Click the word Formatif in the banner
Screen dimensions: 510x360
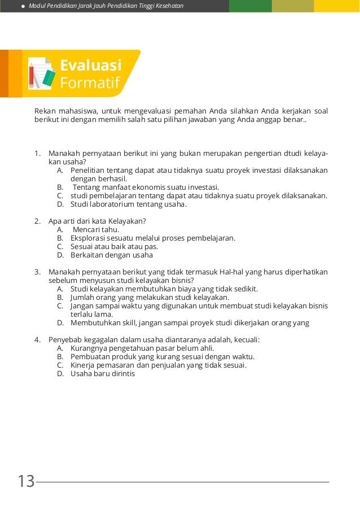click(90, 84)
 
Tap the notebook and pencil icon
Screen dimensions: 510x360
click(41, 73)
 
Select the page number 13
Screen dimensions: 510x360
click(26, 482)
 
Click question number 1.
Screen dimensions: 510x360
click(37, 153)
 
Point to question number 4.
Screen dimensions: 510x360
click(37, 339)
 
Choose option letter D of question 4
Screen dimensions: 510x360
click(60, 373)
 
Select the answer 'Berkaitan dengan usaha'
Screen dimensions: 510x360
click(112, 255)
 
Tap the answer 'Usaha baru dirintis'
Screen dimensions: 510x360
click(103, 373)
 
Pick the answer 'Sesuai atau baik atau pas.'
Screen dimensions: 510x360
click(114, 246)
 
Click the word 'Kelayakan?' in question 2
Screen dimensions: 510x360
click(128, 221)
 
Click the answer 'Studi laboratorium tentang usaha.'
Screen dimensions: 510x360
click(128, 204)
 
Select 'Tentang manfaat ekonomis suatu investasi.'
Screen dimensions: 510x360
click(146, 187)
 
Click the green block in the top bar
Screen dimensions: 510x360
click(250, 6)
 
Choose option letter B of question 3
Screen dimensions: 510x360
click(60, 297)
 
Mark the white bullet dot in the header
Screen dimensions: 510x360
click(23, 6)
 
